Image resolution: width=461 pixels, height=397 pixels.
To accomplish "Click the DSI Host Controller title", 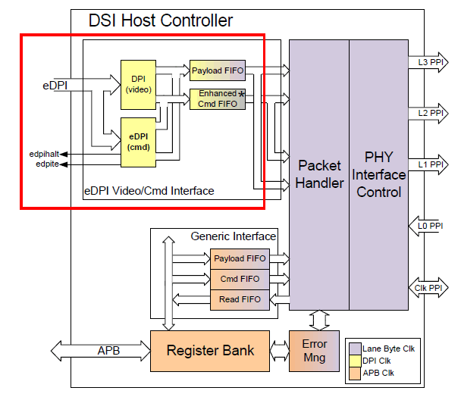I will pyautogui.click(x=161, y=20).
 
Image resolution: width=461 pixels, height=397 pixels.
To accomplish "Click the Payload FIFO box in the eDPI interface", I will pyautogui.click(x=217, y=70).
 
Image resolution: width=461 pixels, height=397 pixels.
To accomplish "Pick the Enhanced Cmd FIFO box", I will pyautogui.click(x=217, y=98).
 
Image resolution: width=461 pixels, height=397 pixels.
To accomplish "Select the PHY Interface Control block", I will pyautogui.click(x=378, y=173).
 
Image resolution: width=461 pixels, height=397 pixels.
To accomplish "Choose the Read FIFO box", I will pyautogui.click(x=239, y=299).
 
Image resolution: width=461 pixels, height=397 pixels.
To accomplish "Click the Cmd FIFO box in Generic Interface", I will pyautogui.click(x=239, y=279).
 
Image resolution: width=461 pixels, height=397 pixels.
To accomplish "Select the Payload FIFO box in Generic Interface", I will pyautogui.click(x=239, y=258).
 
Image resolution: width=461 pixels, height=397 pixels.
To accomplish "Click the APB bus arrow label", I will pyautogui.click(x=108, y=351).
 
